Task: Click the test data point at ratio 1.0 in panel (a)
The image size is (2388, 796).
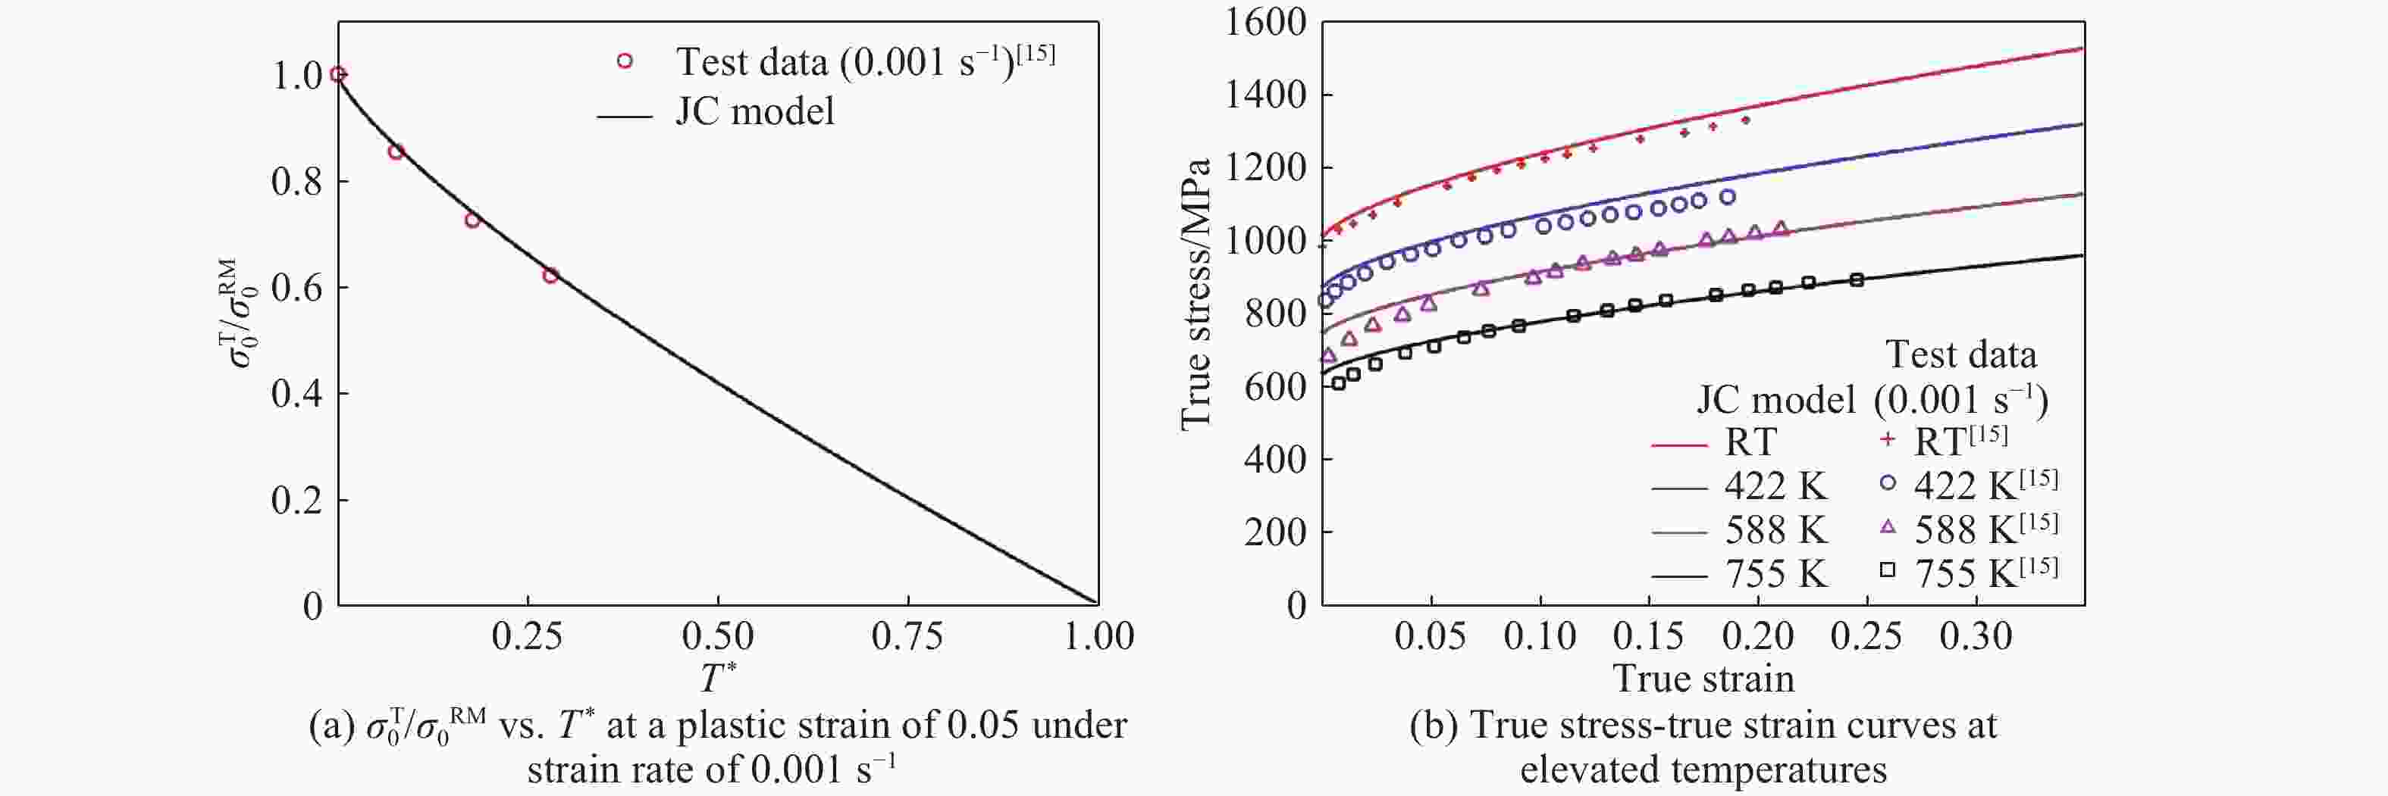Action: tap(338, 74)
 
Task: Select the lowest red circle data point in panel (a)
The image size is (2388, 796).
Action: tap(550, 275)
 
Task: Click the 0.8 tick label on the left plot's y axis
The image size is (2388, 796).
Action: tap(296, 182)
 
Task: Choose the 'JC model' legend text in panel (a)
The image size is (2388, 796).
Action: tap(754, 111)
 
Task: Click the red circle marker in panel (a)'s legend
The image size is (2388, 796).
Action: tap(625, 61)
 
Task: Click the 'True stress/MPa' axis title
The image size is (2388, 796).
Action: tap(1196, 295)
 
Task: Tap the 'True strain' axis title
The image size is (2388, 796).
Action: tap(1704, 679)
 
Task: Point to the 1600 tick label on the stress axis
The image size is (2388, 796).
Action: tap(1265, 22)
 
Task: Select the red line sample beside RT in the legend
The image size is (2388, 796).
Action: tap(1679, 445)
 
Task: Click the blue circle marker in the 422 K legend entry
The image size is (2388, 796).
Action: tap(1888, 482)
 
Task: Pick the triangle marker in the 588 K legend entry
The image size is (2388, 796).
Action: tap(1888, 527)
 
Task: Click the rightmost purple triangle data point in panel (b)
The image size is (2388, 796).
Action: tap(1781, 228)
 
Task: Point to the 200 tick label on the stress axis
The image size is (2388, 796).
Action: tap(1274, 532)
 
